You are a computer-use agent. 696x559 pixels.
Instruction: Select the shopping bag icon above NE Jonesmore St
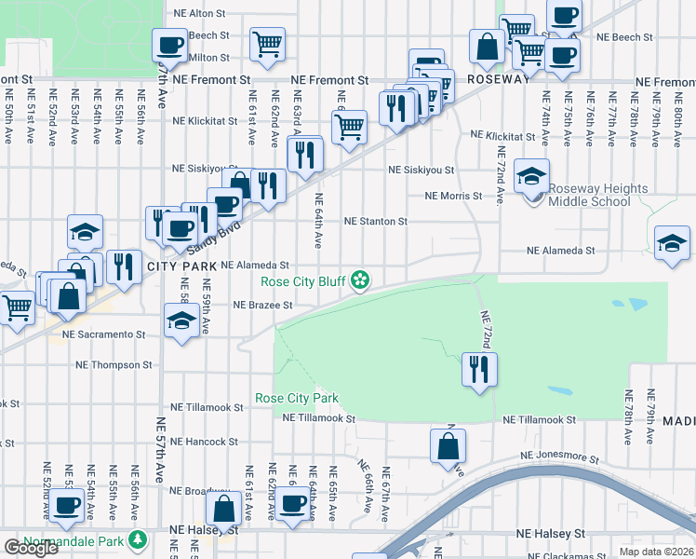point(448,444)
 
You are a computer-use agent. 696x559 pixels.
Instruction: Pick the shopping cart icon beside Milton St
point(267,44)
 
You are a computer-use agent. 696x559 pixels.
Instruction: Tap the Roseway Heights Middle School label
point(597,195)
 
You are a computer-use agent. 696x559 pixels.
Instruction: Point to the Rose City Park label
point(297,399)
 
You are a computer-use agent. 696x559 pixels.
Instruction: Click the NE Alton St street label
point(200,14)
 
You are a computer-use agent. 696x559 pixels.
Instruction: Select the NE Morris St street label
point(453,197)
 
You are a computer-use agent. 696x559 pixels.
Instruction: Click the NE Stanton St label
point(376,222)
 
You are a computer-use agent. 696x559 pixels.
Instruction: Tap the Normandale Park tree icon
point(138,539)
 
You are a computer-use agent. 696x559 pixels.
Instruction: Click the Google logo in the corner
point(30,548)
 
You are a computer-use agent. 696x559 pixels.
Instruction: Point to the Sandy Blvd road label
point(209,240)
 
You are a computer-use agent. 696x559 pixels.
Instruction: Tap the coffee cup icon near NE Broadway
point(292,505)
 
